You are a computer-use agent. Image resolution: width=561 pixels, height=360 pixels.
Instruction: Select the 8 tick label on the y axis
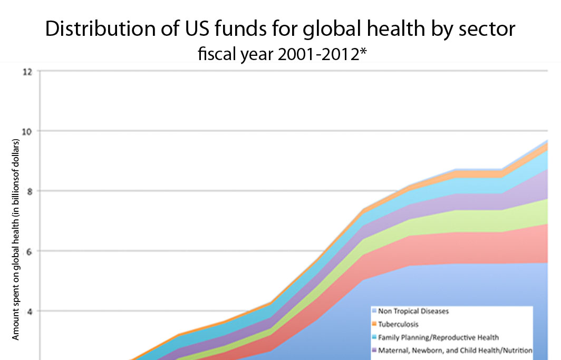pos(29,191)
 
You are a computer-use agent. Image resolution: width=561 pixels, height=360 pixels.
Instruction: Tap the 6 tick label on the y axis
pos(29,251)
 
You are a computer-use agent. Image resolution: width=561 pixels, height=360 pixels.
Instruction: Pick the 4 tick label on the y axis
pos(29,311)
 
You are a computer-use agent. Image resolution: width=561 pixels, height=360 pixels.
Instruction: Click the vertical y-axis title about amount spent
pos(15,240)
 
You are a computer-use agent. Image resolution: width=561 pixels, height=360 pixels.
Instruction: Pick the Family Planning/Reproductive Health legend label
pos(439,337)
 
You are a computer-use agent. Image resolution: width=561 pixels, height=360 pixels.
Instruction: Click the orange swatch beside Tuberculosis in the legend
pos(374,324)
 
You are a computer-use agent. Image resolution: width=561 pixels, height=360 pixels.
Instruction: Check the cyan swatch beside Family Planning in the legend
pos(374,337)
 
